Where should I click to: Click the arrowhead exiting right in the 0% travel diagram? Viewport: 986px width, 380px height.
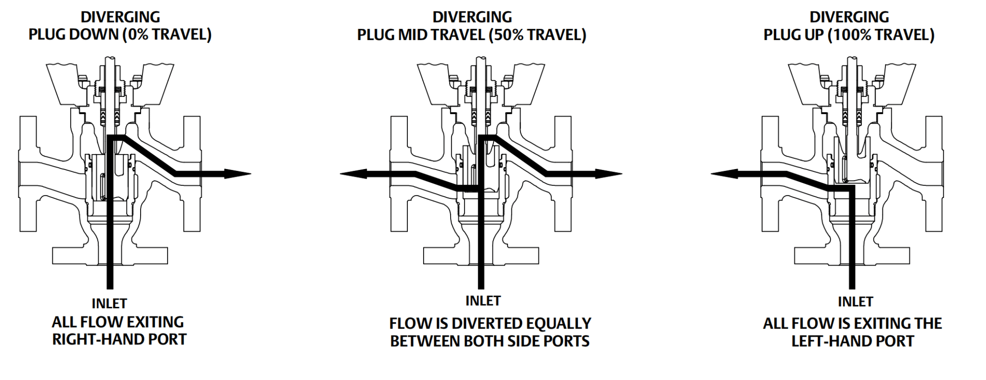click(x=238, y=174)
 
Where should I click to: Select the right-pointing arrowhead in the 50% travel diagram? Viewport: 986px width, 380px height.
click(x=609, y=174)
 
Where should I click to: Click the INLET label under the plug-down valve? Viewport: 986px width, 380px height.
click(x=109, y=303)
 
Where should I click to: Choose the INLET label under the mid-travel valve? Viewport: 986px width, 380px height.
click(x=483, y=301)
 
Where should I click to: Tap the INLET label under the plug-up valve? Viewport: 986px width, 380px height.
click(x=855, y=301)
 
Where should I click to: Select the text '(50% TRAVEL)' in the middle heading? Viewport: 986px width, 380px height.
click(x=537, y=35)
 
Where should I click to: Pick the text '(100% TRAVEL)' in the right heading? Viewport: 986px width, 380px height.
click(x=881, y=35)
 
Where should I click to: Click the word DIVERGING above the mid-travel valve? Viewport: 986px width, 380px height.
click(x=472, y=17)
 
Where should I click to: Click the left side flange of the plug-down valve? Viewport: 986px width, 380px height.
click(x=28, y=173)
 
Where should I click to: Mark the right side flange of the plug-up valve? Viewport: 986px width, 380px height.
click(x=934, y=173)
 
